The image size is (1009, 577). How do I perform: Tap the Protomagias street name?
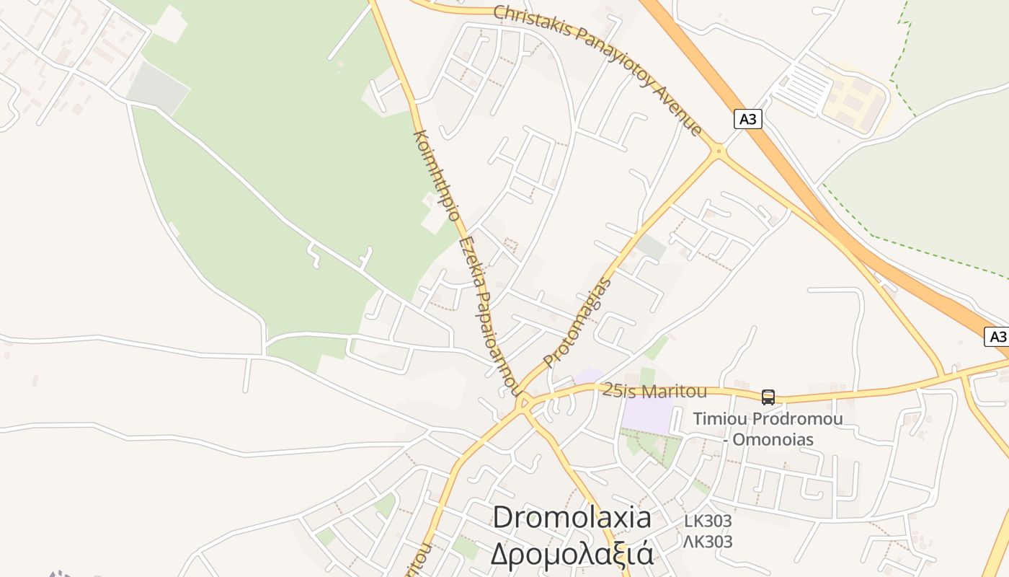coord(577,322)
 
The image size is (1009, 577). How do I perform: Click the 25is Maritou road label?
coord(654,391)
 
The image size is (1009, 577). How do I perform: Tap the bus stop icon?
coord(768,397)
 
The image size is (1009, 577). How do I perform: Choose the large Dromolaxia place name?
coord(572,517)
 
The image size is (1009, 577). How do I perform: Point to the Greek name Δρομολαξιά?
coord(572,553)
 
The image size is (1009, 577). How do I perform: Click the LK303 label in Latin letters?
coord(708,521)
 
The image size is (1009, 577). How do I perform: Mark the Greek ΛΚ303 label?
coord(708,541)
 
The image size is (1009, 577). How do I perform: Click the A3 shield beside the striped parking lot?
coord(748,119)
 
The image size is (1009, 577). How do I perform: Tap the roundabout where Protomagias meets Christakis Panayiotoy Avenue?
coord(718,151)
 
